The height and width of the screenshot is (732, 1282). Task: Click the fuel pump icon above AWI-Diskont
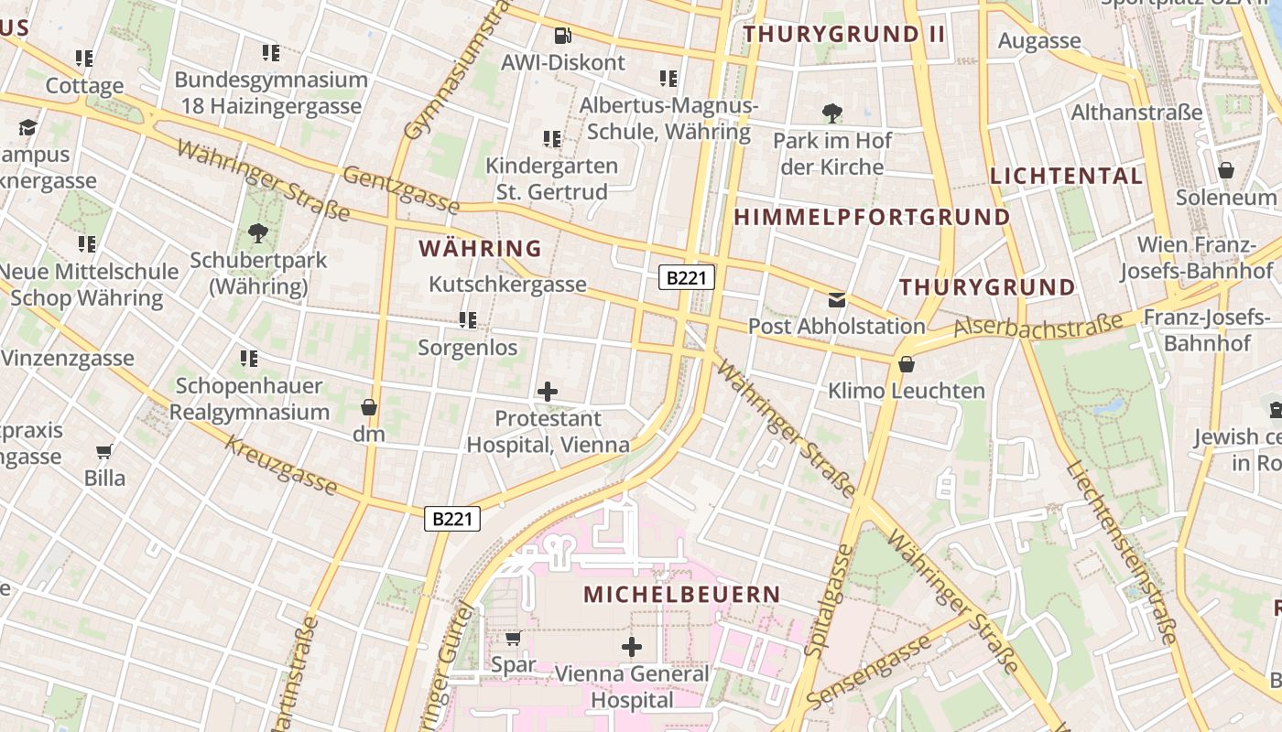562,37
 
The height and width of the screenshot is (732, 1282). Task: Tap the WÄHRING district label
480,248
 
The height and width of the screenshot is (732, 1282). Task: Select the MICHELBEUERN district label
682,594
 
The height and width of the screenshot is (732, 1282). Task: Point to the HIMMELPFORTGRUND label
873,217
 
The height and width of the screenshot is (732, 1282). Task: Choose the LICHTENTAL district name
1066,176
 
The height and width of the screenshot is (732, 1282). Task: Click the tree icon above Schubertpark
258,233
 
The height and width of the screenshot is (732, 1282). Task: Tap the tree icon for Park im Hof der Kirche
832,114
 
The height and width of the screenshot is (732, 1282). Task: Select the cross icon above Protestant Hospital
548,393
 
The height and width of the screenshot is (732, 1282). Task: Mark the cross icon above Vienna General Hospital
632,648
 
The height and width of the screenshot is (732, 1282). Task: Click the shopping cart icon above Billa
104,451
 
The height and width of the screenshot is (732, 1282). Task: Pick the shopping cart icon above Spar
514,638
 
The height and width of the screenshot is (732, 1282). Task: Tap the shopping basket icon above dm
369,407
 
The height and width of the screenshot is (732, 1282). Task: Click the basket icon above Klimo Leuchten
907,364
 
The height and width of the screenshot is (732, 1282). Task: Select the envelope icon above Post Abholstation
837,299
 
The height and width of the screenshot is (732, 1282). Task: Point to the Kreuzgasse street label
280,466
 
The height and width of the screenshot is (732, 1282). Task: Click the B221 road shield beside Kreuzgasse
452,519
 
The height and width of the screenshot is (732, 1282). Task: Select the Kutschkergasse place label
507,284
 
